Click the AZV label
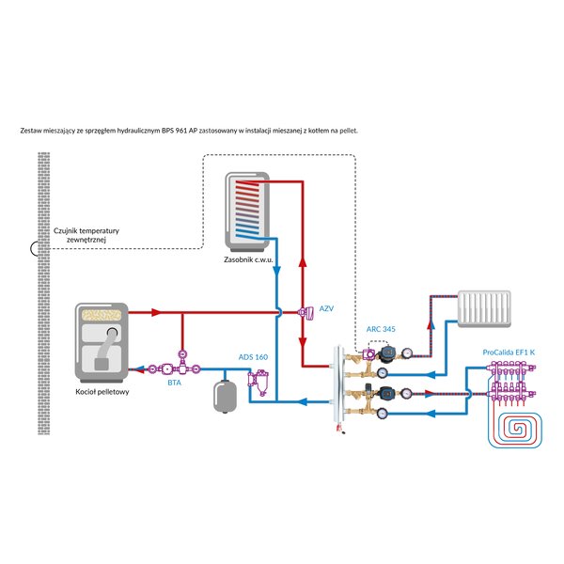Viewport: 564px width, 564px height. [x=326, y=308]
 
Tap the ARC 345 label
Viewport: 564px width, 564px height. [x=381, y=329]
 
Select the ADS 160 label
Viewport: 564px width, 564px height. [x=253, y=357]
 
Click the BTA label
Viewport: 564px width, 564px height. [x=175, y=384]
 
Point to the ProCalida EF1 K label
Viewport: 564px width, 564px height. [x=509, y=352]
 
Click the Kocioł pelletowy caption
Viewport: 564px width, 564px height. [x=102, y=392]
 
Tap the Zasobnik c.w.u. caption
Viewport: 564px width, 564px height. [x=248, y=259]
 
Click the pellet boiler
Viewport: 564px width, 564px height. [x=102, y=343]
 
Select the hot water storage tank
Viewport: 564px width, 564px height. [x=247, y=212]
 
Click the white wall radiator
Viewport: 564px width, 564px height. [x=484, y=309]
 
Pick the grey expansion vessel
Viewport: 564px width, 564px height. [x=225, y=397]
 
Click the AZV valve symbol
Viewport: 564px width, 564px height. [x=305, y=313]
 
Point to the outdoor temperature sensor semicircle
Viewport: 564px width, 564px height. [x=35, y=248]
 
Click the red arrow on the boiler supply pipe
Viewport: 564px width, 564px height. [x=156, y=312]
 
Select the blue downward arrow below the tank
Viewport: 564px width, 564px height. [x=276, y=272]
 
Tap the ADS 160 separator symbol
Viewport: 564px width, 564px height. [x=258, y=384]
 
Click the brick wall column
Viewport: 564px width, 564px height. [x=44, y=293]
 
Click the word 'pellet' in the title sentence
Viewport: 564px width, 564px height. [x=349, y=131]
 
